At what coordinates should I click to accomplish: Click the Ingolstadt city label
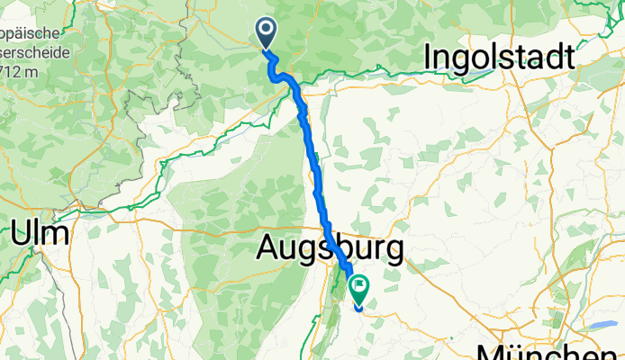click(497, 58)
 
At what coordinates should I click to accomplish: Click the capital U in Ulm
click(23, 235)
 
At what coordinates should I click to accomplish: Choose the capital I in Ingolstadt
click(428, 58)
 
